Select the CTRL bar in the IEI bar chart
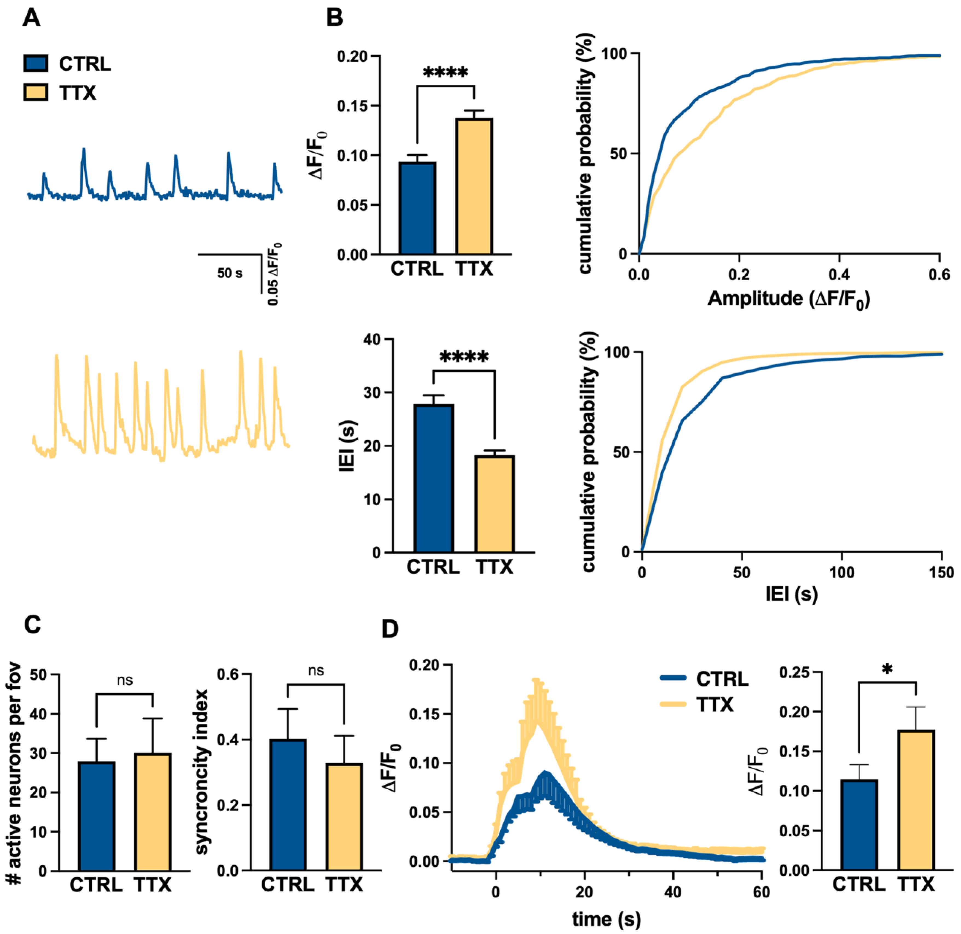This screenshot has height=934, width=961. (x=434, y=478)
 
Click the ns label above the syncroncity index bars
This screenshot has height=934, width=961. (x=316, y=671)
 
